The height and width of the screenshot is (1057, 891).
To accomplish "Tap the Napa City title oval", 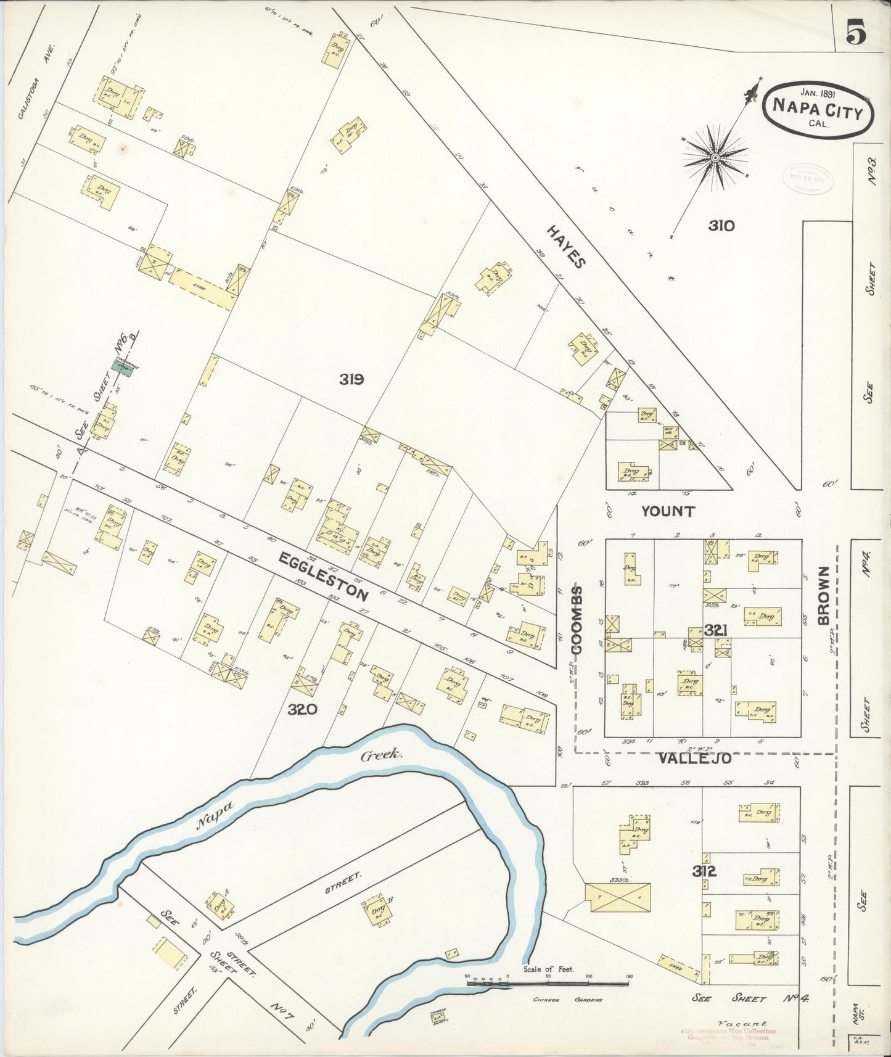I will pyautogui.click(x=818, y=107).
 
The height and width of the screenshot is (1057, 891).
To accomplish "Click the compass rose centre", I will pyautogui.click(x=715, y=158).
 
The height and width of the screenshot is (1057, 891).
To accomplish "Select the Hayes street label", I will pyautogui.click(x=565, y=246).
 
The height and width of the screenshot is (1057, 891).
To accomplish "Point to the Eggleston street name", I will pyautogui.click(x=324, y=576).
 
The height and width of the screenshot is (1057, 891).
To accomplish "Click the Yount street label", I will pyautogui.click(x=668, y=511).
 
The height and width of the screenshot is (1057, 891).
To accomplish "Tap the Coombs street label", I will pyautogui.click(x=577, y=619).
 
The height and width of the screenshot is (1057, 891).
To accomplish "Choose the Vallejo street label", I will pyautogui.click(x=694, y=759).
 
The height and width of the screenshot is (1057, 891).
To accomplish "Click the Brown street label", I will pyautogui.click(x=824, y=596).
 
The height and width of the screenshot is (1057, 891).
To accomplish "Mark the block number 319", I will pyautogui.click(x=351, y=379).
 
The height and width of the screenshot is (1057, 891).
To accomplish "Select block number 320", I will pyautogui.click(x=302, y=709).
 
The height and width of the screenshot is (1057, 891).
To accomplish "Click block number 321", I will pyautogui.click(x=717, y=630).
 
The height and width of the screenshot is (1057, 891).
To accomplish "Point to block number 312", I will pyautogui.click(x=704, y=871).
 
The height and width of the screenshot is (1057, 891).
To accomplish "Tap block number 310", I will pyautogui.click(x=721, y=226).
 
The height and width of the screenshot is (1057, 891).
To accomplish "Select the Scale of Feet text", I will pyautogui.click(x=549, y=969).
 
